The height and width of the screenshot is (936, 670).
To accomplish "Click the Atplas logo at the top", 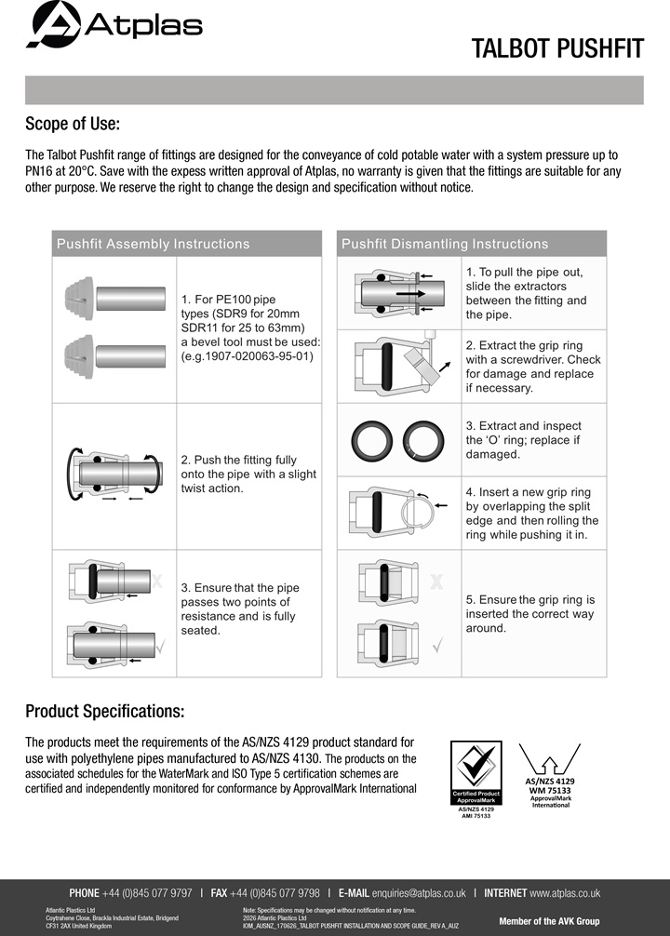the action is tap(114, 24).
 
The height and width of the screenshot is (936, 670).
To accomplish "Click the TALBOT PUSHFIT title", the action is tap(557, 48).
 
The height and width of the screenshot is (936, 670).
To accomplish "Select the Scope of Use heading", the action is tap(73, 124).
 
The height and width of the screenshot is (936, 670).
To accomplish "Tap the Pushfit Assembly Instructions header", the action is tap(153, 244).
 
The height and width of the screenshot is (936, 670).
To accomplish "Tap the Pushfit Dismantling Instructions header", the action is tap(445, 244).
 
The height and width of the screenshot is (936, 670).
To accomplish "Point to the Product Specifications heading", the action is tap(104, 711).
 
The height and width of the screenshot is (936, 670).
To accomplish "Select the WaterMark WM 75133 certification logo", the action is tap(550, 775).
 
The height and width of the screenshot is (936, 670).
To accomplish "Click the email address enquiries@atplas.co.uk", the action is tap(419, 893).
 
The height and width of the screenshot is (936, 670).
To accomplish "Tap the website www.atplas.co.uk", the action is tap(565, 893).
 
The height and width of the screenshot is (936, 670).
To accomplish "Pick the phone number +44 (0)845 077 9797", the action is tap(148, 893).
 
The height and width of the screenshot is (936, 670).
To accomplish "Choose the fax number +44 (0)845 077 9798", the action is tap(275, 893).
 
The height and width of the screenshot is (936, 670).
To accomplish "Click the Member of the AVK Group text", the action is tap(549, 921).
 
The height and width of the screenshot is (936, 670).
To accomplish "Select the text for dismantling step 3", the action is tap(524, 440).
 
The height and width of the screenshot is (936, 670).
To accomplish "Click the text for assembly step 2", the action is tap(248, 474).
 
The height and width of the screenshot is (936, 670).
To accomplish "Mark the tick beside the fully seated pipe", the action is tap(161, 646).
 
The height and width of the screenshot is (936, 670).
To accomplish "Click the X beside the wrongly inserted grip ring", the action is tap(436, 582).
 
